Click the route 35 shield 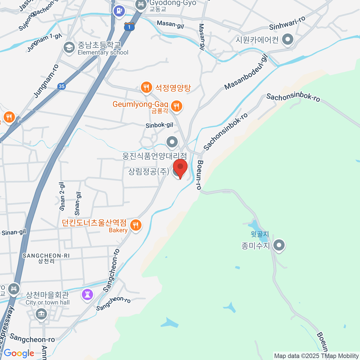tap(61, 86)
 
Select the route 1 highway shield tap(129, 27)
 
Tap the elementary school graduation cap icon tap(69, 48)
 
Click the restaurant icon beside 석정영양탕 tap(146, 88)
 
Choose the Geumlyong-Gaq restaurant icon tap(177, 106)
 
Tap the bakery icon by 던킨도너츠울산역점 tap(136, 225)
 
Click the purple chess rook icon tap(88, 294)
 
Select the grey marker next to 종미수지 tap(279, 245)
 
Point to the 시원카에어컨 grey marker tap(288, 39)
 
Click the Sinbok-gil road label tap(159, 125)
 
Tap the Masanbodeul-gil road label tap(246, 72)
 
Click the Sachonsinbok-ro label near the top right tap(293, 97)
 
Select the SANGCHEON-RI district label tap(46, 256)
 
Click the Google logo tap(19, 353)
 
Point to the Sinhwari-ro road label tap(287, 23)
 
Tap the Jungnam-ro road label tap(46, 81)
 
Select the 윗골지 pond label tap(260, 234)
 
